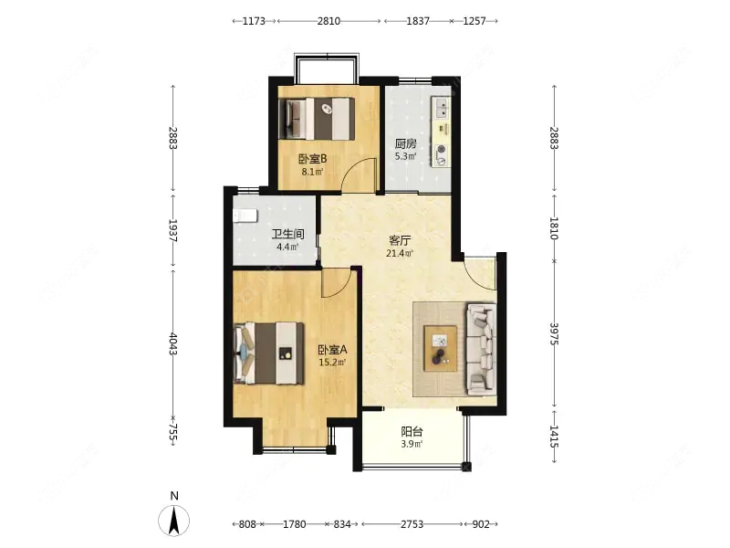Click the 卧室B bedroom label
point(312,159)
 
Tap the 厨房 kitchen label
point(405,143)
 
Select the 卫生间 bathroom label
point(287,234)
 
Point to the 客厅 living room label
point(400,240)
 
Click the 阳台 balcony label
point(412,431)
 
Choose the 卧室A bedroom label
point(332,350)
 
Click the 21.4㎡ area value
point(400,254)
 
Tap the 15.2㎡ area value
point(332,362)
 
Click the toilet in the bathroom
point(245,216)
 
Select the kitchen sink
point(441,108)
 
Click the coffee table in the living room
point(440,349)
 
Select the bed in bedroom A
point(268,353)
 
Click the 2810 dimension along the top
point(328,21)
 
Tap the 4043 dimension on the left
point(172,343)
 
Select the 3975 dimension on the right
point(554,333)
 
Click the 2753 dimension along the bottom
point(412,524)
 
